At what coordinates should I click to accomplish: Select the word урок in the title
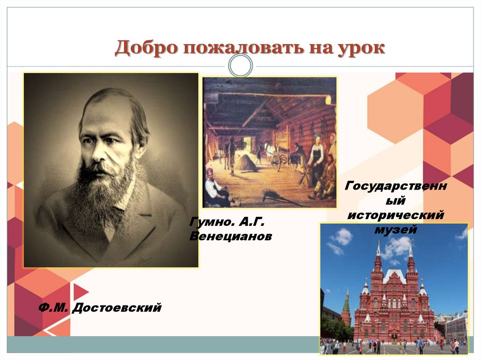(x=360, y=49)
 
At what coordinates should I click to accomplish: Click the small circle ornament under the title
(x=240, y=65)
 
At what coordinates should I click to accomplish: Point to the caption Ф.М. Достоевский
(x=100, y=308)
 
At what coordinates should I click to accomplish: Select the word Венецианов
(x=230, y=236)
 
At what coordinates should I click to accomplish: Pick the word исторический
(x=395, y=215)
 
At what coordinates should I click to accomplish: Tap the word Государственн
(x=396, y=186)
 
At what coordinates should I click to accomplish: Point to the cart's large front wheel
(x=276, y=161)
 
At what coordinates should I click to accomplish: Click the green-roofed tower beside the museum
(x=346, y=307)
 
